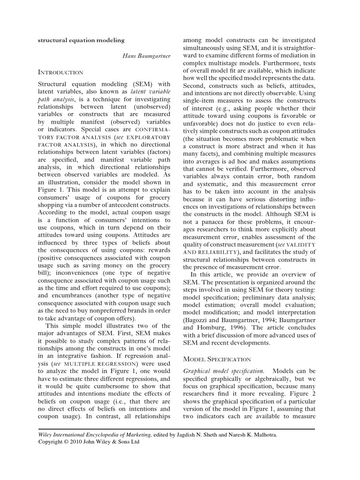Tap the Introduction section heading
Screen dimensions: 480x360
tap(60, 72)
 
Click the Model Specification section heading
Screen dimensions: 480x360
tap(217, 359)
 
